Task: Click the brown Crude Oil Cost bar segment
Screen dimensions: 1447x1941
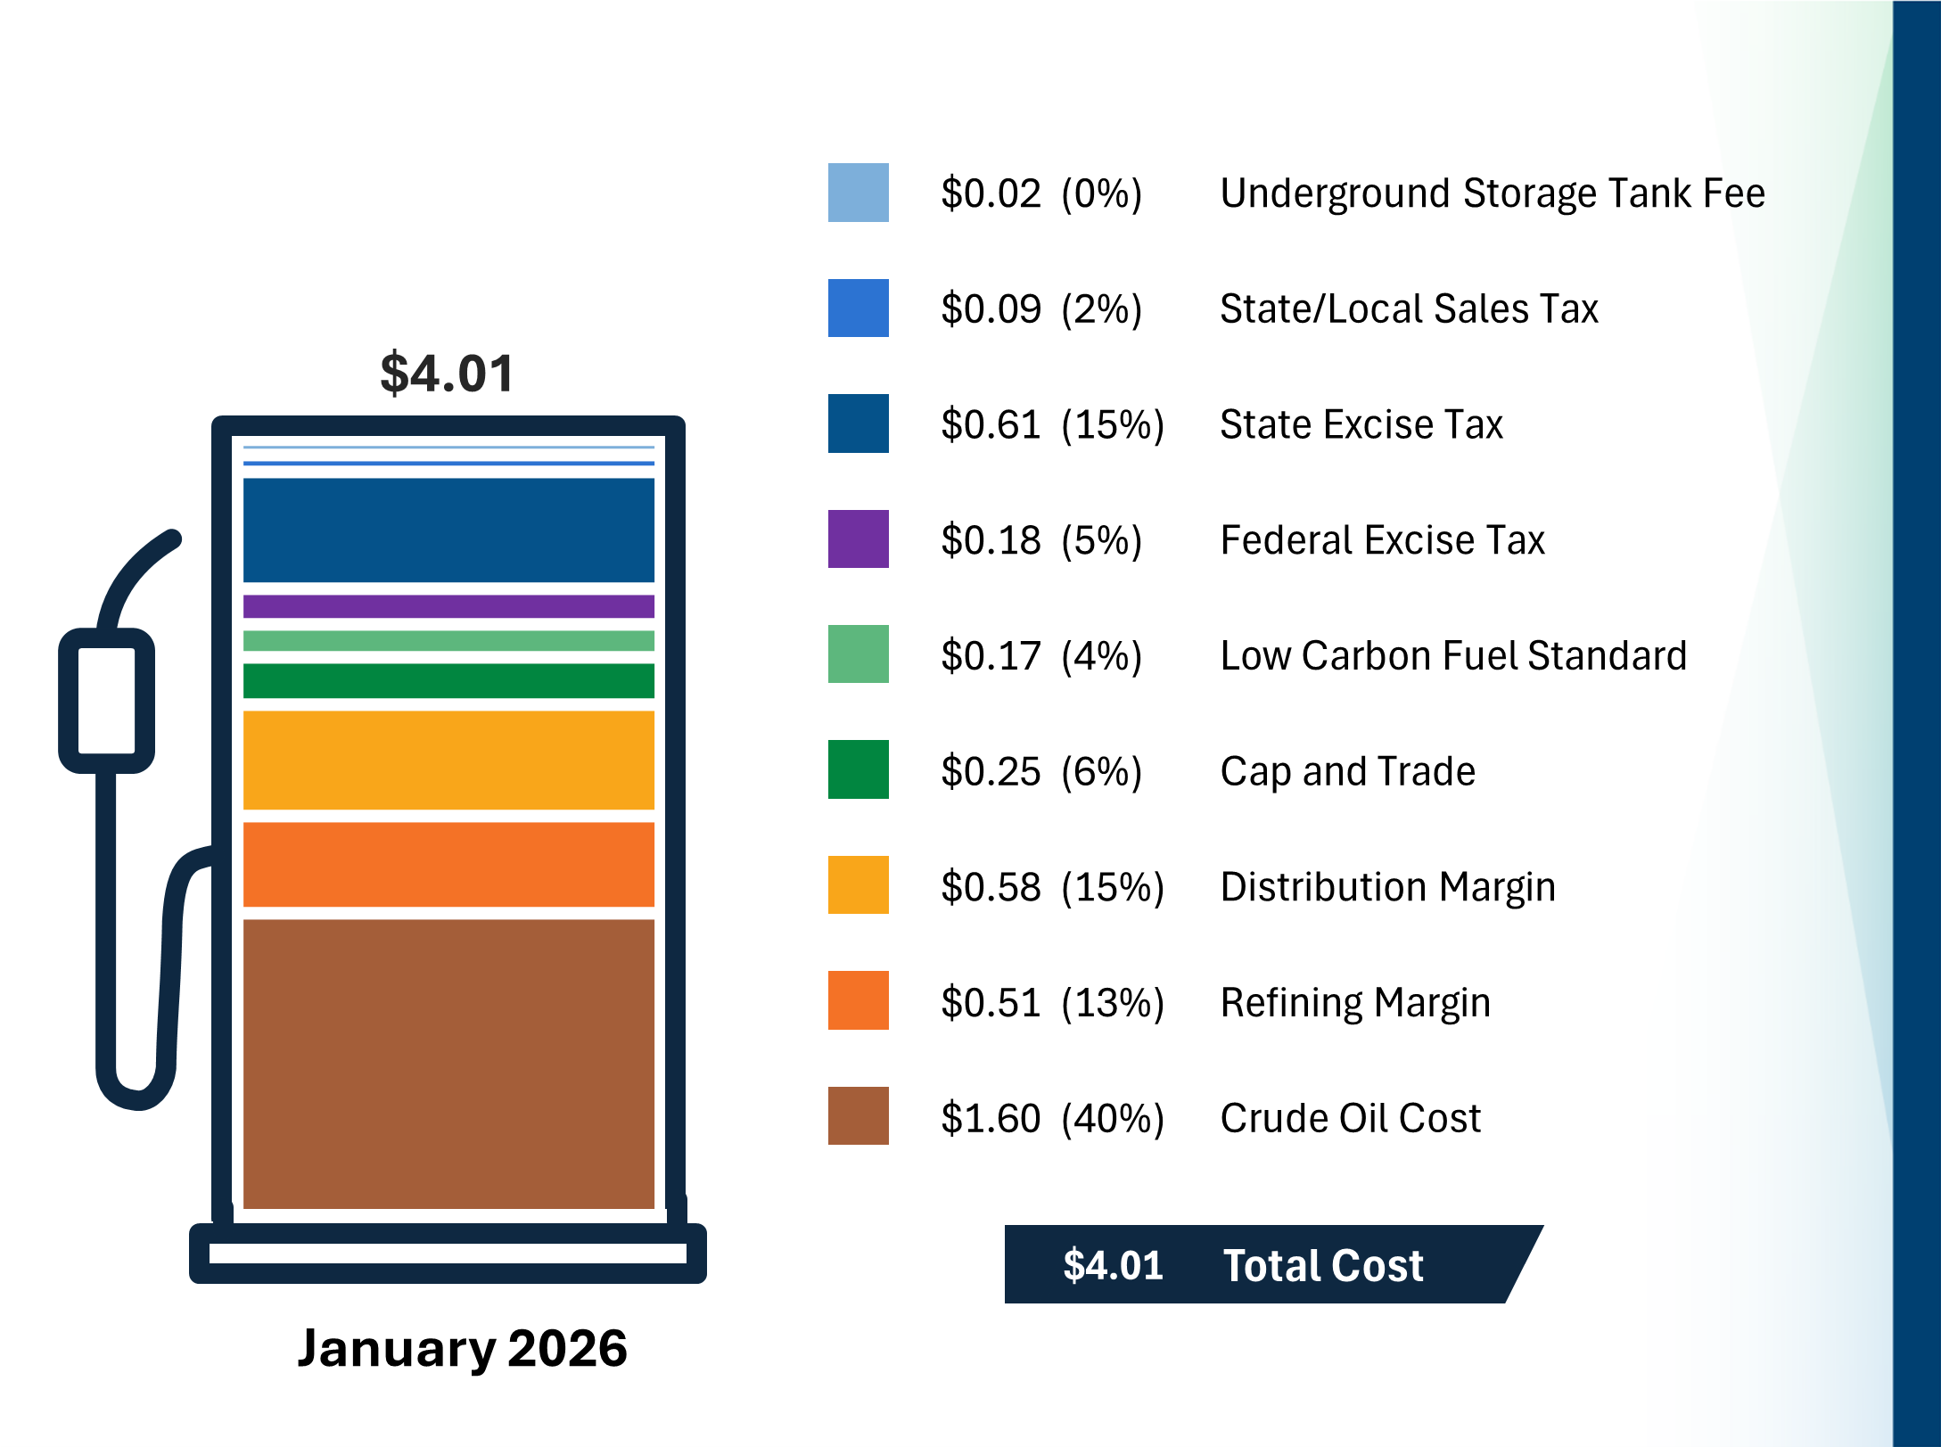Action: tap(448, 1063)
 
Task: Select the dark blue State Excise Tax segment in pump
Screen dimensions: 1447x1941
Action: tap(448, 530)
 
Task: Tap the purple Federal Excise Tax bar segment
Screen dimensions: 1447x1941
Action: tap(448, 606)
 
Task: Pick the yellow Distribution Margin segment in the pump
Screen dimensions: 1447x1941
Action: tap(448, 760)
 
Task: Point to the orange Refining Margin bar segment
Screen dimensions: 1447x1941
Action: tap(448, 864)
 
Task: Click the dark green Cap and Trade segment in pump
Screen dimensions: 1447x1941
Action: tap(448, 680)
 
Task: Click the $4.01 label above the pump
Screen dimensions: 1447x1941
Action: tap(447, 373)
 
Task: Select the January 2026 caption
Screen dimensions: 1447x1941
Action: tap(462, 1347)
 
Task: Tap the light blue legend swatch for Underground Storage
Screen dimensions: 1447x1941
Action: tap(858, 193)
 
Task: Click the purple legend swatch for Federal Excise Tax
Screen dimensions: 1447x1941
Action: tap(858, 539)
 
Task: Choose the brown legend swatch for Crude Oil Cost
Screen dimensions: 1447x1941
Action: tap(858, 1115)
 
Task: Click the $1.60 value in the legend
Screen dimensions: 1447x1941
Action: tap(991, 1118)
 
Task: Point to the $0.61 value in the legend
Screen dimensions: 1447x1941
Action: tap(991, 424)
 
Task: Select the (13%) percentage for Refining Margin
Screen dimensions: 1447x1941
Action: tap(1112, 1003)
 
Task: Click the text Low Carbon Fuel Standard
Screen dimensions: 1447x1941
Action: tap(1452, 655)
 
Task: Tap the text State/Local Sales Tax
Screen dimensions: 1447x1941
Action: tap(1408, 308)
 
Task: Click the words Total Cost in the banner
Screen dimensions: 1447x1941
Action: tap(1322, 1265)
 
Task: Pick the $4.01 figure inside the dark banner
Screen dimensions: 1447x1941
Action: tap(1113, 1265)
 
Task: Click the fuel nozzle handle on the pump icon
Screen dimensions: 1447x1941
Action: tap(107, 701)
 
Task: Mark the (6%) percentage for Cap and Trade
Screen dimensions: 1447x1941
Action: tap(1101, 771)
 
